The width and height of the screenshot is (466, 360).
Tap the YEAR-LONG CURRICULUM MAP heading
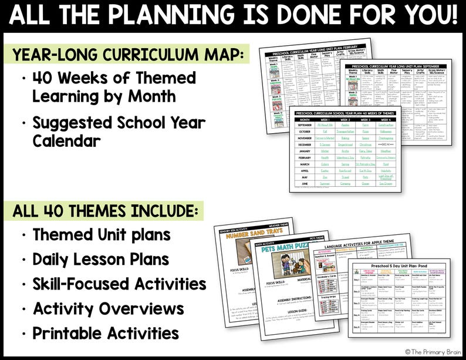click(x=127, y=55)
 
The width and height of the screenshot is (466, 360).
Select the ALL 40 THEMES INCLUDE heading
click(x=106, y=210)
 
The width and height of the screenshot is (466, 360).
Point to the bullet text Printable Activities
click(x=106, y=333)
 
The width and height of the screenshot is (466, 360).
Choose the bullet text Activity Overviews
click(x=108, y=308)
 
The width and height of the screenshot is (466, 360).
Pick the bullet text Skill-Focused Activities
click(x=119, y=284)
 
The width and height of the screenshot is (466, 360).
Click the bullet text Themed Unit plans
click(x=102, y=234)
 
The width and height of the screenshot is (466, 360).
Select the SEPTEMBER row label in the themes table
click(x=305, y=125)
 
